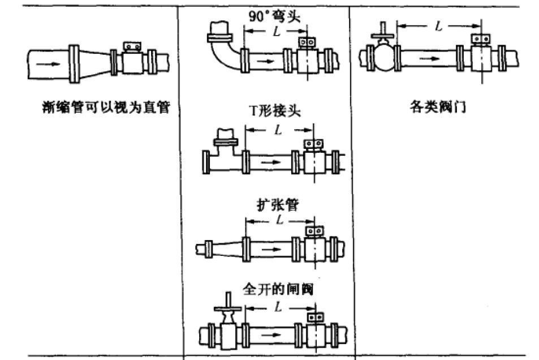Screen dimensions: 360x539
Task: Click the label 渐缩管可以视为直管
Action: click(x=106, y=106)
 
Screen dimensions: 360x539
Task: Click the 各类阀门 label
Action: click(x=437, y=106)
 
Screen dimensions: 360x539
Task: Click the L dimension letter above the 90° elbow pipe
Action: click(x=275, y=32)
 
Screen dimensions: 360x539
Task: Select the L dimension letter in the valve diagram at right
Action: click(x=438, y=25)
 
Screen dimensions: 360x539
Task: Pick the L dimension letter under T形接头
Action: click(x=277, y=130)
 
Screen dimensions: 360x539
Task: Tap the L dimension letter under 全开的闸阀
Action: click(x=277, y=306)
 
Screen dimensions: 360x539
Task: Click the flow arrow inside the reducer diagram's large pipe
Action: click(x=50, y=63)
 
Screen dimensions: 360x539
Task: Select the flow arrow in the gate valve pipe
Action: click(x=273, y=335)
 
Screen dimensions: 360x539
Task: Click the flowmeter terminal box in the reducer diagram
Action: click(x=132, y=45)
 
